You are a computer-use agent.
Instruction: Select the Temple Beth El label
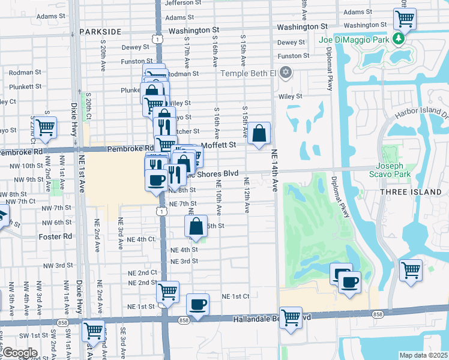(x=249, y=73)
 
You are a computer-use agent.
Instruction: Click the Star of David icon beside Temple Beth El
(x=286, y=73)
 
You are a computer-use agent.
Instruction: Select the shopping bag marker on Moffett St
(x=259, y=134)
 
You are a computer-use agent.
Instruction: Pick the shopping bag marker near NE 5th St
(x=196, y=227)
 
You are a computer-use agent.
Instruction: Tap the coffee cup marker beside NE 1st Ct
(x=197, y=305)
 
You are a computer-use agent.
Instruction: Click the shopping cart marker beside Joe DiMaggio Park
(x=405, y=18)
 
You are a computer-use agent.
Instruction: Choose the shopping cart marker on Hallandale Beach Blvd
(x=291, y=317)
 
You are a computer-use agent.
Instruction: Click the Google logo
(x=20, y=353)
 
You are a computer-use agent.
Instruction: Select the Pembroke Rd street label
(x=130, y=148)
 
